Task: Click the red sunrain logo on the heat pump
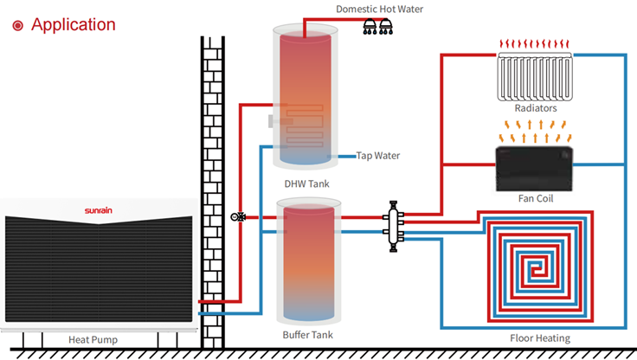(99, 210)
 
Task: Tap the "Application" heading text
(74, 25)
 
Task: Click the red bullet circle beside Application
(18, 26)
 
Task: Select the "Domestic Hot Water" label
(379, 9)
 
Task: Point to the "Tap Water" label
(378, 156)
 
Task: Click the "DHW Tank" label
(306, 183)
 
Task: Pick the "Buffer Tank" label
(307, 335)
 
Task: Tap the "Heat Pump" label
(93, 340)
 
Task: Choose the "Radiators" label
(536, 108)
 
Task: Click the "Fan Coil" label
(536, 198)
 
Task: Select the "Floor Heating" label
(540, 338)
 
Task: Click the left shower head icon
(370, 27)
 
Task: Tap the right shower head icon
(386, 27)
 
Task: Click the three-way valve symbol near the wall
(238, 217)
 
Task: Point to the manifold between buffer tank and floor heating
(393, 227)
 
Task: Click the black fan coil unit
(534, 169)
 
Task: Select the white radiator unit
(535, 76)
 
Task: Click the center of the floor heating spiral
(537, 268)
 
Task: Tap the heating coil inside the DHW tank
(305, 125)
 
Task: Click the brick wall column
(212, 192)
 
